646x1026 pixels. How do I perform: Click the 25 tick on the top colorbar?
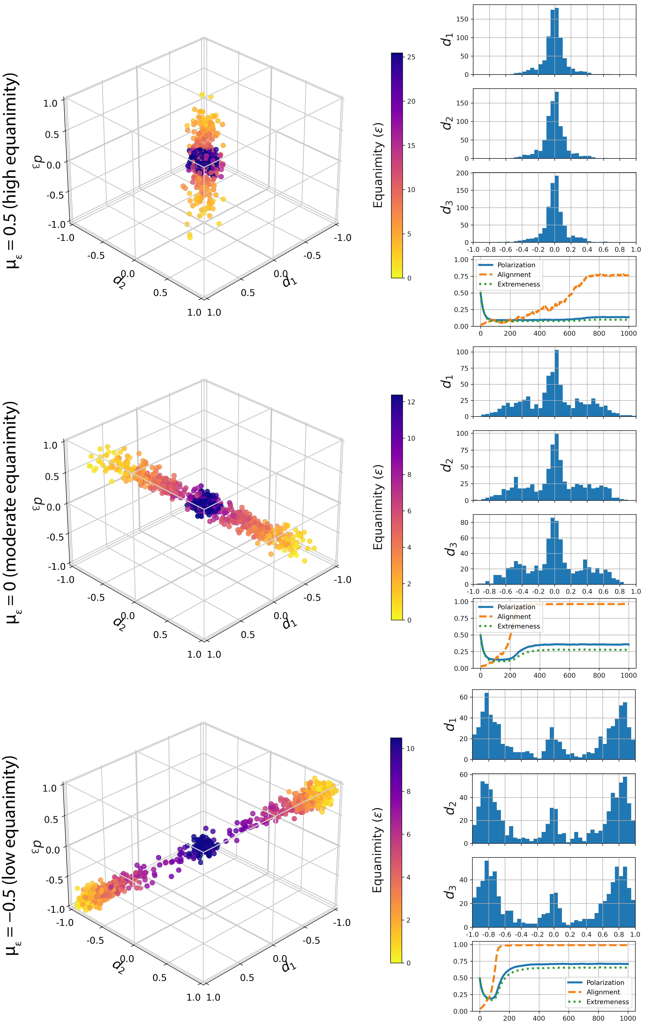point(411,57)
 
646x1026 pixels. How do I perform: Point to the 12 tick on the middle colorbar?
point(411,402)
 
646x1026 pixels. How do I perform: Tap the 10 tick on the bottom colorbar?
point(410,749)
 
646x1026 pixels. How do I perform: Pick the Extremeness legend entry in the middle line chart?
point(518,626)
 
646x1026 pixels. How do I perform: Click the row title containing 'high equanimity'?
point(13,170)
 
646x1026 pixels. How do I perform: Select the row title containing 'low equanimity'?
point(13,854)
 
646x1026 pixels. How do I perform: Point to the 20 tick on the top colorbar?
point(411,101)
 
